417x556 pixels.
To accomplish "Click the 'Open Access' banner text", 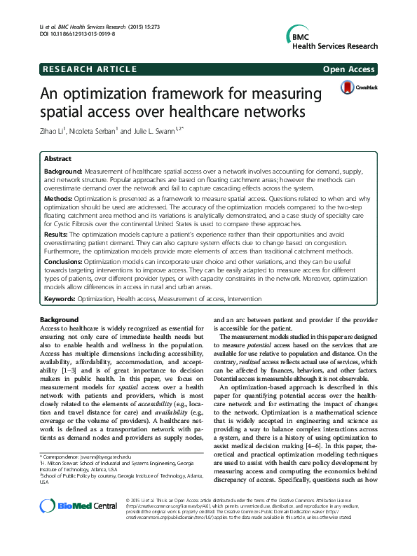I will pos(349,69).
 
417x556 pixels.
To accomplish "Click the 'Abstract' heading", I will pos(59,159).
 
